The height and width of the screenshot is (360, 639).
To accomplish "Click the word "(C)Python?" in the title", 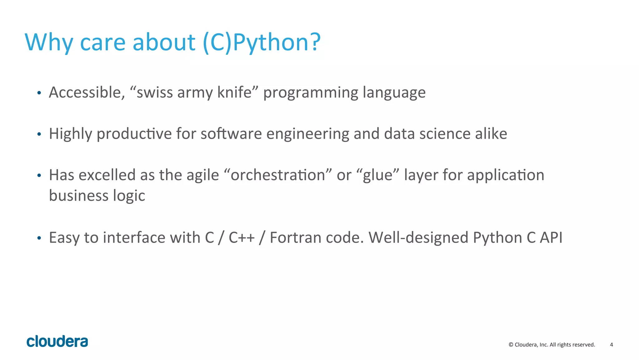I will click(x=261, y=42).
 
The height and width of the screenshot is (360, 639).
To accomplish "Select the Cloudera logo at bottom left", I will click(x=57, y=341).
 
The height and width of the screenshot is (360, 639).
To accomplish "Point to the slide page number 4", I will click(x=611, y=345).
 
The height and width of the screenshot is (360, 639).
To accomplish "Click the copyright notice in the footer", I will click(x=552, y=345).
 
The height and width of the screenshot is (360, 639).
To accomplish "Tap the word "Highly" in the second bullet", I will click(x=71, y=134).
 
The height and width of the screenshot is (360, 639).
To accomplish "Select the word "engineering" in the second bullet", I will click(x=308, y=134).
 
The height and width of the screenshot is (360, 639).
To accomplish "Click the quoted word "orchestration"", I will click(x=278, y=175).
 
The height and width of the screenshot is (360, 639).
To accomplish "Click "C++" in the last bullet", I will click(x=241, y=238).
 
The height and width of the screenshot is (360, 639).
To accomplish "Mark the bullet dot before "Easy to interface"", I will click(x=39, y=239).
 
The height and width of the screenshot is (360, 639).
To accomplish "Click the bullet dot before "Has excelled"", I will click(x=39, y=176).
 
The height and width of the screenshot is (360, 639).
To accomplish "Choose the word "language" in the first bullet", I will click(x=394, y=93).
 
